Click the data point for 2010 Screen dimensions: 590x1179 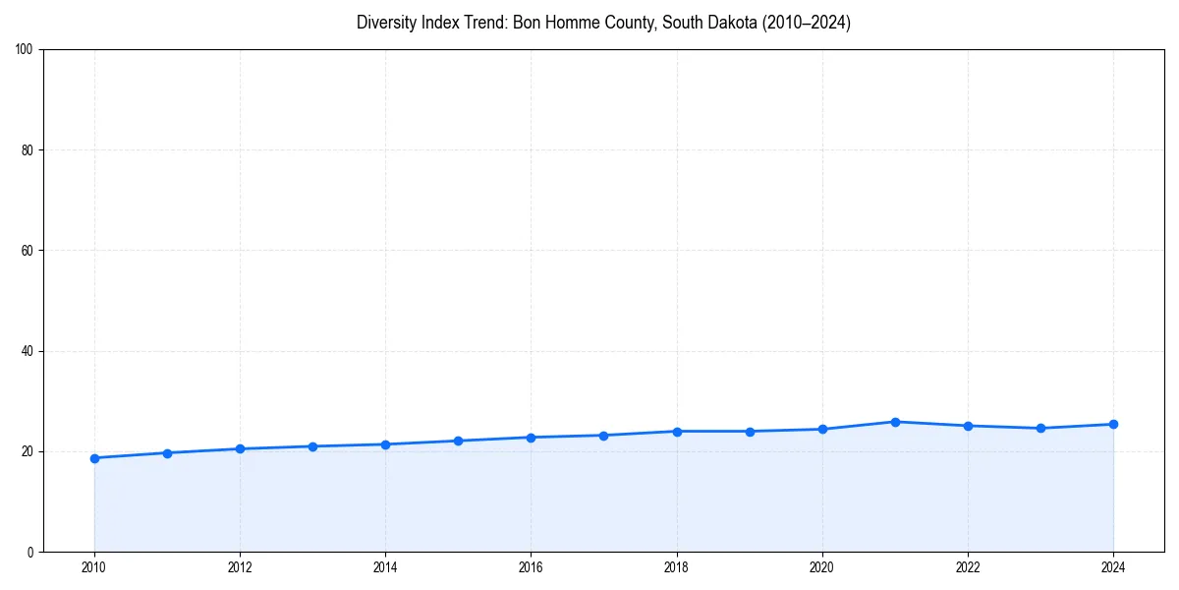click(94, 458)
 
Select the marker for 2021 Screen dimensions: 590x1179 click(895, 422)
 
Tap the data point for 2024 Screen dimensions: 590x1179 click(1113, 424)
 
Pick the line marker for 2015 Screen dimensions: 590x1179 click(458, 441)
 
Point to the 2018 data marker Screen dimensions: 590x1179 click(677, 432)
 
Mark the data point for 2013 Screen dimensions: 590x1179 click(312, 446)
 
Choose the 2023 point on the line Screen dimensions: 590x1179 click(1040, 428)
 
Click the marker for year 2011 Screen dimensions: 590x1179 click(167, 453)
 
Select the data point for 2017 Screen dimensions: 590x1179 click(604, 436)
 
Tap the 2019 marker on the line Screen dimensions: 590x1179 click(750, 432)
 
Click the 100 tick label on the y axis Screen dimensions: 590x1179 click(25, 50)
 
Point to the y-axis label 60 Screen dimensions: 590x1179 click(28, 251)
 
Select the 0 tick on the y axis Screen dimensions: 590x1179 click(30, 552)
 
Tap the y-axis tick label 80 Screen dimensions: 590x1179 click(28, 150)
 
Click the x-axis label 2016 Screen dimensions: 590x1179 click(531, 567)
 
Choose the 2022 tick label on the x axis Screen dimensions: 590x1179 click(968, 567)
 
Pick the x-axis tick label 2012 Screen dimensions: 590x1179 click(240, 567)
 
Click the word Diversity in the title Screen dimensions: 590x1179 click(387, 23)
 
